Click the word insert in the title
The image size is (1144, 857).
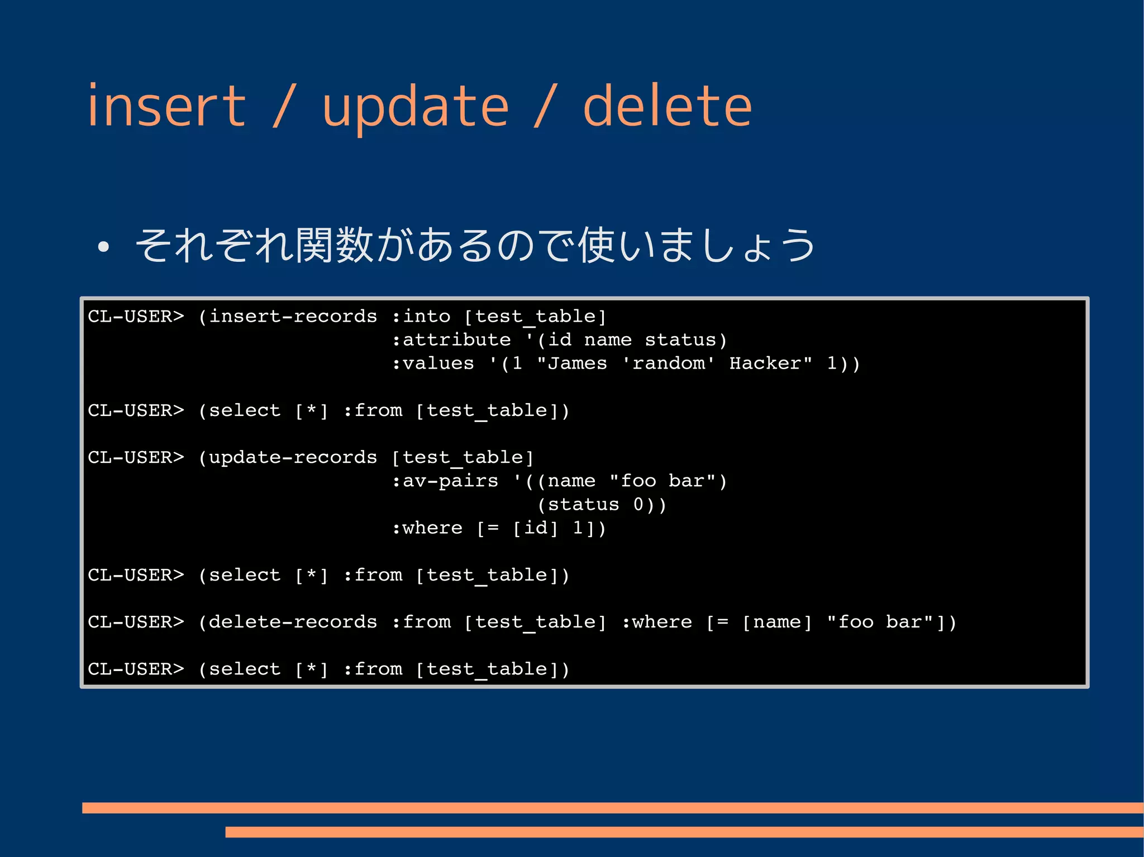click(x=166, y=106)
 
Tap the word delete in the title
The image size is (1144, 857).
click(x=667, y=106)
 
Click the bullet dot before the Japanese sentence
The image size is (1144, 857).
click(x=103, y=247)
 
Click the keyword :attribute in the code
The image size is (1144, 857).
click(x=451, y=340)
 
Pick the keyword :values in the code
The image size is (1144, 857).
click(x=433, y=363)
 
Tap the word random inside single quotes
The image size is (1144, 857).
click(x=668, y=363)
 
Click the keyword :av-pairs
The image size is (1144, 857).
click(x=445, y=481)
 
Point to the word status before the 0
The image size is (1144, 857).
click(x=583, y=505)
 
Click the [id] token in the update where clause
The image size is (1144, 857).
click(x=535, y=528)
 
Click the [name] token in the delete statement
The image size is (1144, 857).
click(x=776, y=622)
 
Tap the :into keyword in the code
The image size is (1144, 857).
click(x=421, y=317)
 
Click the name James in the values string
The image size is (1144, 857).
click(x=578, y=363)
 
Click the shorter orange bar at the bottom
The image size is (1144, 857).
click(x=684, y=832)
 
